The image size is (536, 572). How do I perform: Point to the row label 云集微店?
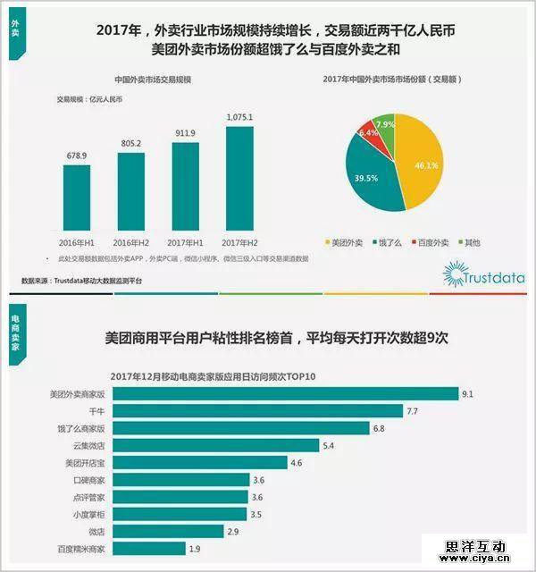point(89,446)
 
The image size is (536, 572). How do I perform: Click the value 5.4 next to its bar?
point(328,445)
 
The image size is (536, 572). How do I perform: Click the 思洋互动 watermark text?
point(475,544)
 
